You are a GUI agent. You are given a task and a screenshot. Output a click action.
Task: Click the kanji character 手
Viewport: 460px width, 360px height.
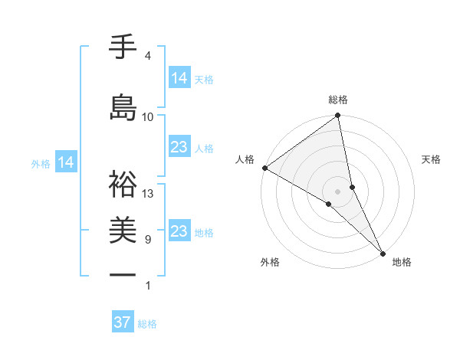123,47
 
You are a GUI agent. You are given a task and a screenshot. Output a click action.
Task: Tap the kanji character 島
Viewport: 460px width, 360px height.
123,107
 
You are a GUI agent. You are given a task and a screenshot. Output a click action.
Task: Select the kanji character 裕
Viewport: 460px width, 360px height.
123,184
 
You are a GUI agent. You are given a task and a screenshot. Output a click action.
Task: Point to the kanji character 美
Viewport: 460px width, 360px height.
123,231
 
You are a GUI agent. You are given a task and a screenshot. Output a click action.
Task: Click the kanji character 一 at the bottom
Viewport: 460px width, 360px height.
123,274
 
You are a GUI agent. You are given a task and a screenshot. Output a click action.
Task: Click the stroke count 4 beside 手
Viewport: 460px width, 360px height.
147,56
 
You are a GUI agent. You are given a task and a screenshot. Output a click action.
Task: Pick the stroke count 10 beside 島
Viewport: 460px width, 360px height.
148,116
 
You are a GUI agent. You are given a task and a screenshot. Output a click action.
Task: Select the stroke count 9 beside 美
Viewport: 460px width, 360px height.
148,240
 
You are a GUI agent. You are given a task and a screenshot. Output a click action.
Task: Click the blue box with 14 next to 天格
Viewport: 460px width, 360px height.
179,77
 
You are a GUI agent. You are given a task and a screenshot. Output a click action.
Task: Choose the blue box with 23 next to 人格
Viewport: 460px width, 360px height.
179,147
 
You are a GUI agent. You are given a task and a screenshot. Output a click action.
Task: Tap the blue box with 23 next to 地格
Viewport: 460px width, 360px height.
179,231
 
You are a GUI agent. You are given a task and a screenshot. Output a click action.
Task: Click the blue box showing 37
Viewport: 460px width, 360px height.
123,322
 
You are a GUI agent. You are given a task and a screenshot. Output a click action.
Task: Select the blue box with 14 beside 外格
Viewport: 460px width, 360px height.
66,162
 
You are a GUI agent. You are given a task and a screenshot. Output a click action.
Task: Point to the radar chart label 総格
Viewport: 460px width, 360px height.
338,100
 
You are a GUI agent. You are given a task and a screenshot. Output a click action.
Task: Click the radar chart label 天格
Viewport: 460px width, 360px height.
432,159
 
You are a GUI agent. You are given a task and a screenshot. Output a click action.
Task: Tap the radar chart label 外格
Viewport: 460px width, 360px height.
270,262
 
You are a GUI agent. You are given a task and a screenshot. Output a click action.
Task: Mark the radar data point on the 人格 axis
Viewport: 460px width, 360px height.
264,168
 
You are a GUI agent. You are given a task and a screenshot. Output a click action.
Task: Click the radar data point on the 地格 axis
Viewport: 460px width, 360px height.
383,252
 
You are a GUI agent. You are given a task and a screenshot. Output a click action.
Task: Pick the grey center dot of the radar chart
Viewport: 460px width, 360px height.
338,191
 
